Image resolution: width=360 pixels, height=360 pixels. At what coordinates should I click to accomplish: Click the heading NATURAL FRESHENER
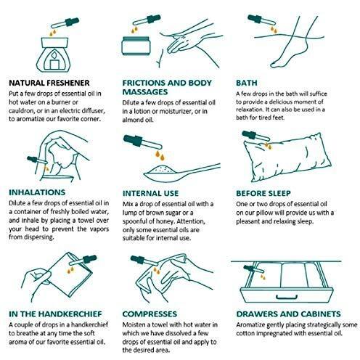point(49,83)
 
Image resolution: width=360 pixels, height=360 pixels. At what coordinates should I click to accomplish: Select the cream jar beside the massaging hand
point(136,46)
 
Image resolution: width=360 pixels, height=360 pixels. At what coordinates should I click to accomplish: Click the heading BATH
point(247,83)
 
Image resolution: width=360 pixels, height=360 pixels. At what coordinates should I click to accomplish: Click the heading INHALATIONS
point(37,192)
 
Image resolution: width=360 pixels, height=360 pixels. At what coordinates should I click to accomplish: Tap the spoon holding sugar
point(181,173)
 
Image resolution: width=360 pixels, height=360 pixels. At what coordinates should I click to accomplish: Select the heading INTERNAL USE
point(150,193)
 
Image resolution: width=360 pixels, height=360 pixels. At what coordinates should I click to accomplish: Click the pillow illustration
point(287,157)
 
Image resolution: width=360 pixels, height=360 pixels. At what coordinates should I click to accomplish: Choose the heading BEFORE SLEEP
point(263,193)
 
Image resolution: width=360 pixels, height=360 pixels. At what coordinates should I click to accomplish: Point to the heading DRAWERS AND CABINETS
point(288,314)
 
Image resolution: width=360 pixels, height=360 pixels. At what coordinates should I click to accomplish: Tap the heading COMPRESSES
point(150,314)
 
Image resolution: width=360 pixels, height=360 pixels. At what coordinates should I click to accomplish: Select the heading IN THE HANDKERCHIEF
point(55,314)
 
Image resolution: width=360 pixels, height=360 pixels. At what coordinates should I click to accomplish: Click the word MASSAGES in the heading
point(145,92)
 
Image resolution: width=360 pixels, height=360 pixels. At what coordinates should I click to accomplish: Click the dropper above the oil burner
point(65,22)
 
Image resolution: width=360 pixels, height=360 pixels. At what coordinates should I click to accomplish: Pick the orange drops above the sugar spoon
point(160,155)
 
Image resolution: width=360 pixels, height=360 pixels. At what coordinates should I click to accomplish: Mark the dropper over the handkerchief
point(83,260)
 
